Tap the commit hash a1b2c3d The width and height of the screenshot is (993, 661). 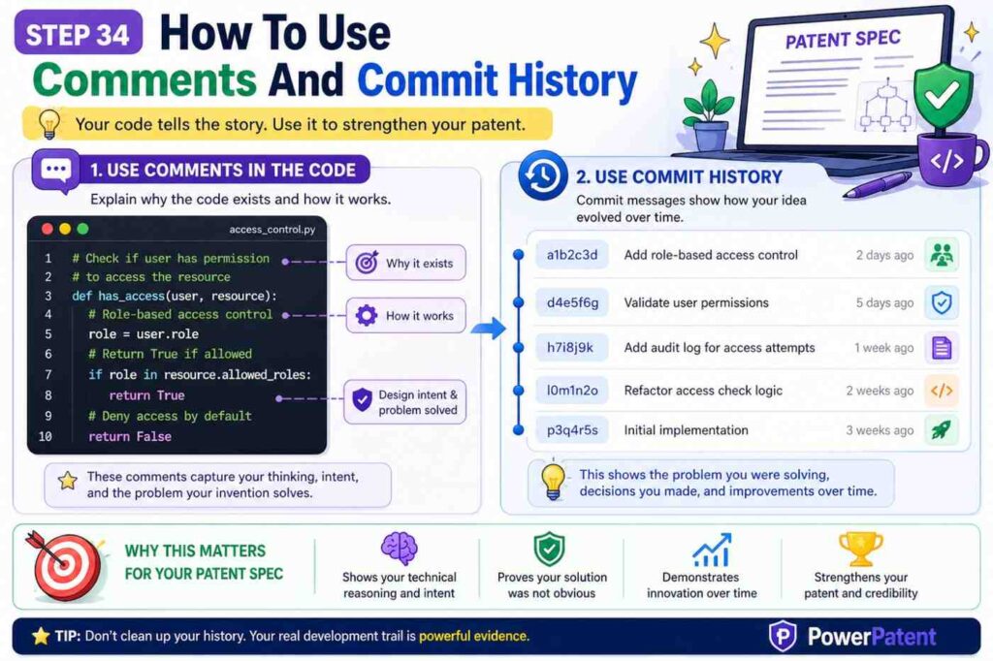(x=571, y=256)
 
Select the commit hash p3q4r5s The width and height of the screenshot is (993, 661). (x=571, y=430)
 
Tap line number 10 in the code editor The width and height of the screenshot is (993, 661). (x=46, y=437)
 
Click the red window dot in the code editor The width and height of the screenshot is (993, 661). (x=46, y=230)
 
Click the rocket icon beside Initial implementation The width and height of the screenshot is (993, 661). (x=941, y=430)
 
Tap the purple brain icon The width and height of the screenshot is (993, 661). (x=399, y=549)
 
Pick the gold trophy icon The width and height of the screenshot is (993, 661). (x=860, y=549)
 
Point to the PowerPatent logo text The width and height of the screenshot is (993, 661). (x=872, y=637)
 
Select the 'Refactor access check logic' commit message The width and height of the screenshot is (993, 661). (x=703, y=391)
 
